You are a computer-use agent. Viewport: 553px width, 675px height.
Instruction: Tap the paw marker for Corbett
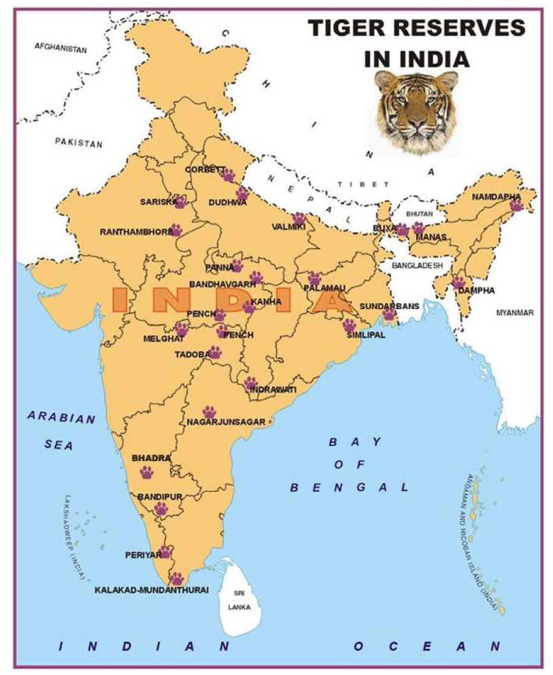point(228,176)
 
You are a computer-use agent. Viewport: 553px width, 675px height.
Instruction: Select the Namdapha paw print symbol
point(516,205)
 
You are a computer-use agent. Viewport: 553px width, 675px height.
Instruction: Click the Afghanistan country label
point(60,47)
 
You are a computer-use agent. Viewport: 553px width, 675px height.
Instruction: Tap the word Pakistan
point(78,143)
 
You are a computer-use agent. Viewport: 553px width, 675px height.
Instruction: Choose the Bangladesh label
point(417,265)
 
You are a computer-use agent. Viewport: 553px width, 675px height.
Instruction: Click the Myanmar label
point(515,313)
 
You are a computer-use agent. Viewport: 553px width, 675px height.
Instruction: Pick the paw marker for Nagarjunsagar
point(209,412)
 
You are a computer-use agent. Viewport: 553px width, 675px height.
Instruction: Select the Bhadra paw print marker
point(147,472)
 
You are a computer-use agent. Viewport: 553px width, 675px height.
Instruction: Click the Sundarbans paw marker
point(389,315)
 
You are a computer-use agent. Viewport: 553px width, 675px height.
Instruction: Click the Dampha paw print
point(459,282)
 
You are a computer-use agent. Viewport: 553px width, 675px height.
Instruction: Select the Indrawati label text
point(273,390)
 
